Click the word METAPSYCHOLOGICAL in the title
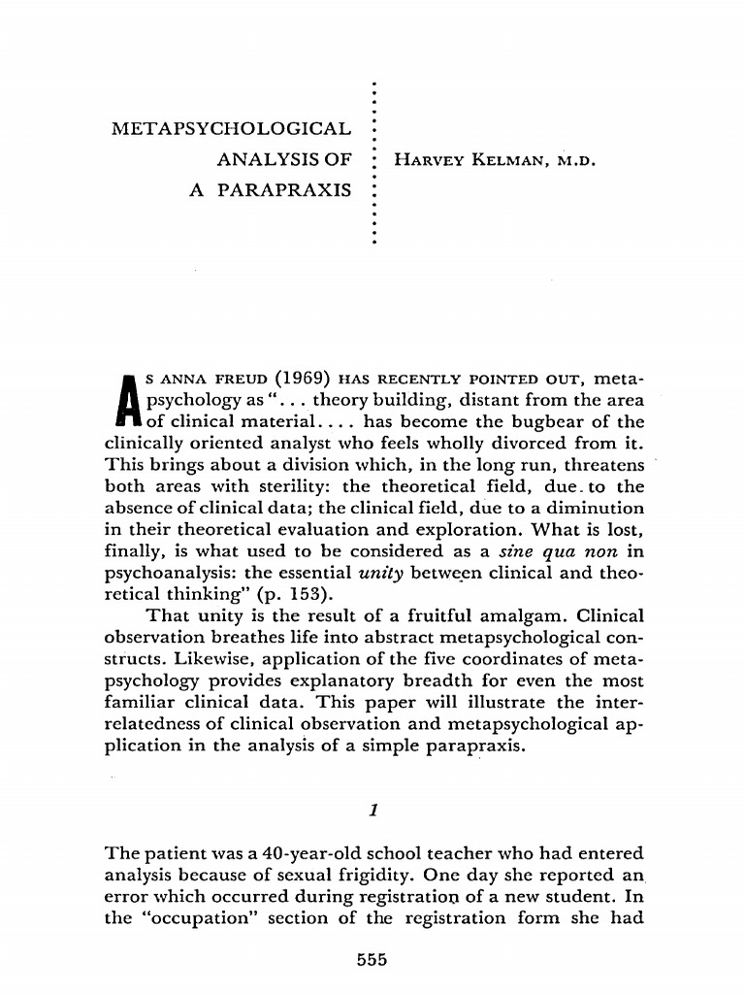232,129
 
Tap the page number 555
372,960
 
